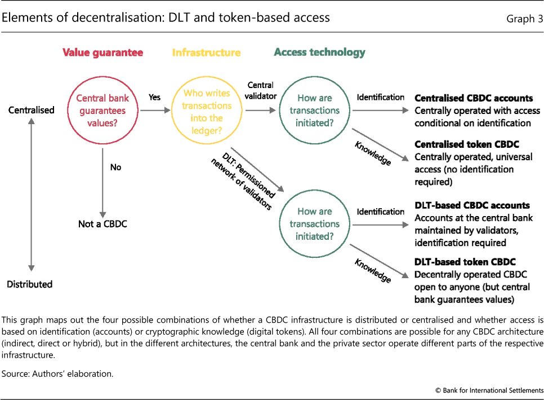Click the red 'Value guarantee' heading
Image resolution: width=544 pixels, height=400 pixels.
(x=102, y=52)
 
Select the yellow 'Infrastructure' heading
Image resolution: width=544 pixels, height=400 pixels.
(x=207, y=52)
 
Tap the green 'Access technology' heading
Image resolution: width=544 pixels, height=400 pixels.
(x=319, y=52)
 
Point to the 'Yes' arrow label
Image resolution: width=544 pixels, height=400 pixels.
(x=154, y=97)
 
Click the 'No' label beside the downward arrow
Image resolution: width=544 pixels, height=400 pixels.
(x=115, y=167)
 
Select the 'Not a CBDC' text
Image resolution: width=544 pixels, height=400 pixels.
(x=102, y=224)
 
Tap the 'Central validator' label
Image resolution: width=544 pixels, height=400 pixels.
(x=261, y=90)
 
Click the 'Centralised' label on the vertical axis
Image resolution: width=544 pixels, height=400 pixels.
(x=31, y=110)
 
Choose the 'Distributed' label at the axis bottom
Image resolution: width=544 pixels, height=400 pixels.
(x=29, y=284)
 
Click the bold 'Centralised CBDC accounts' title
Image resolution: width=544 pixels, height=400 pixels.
(x=474, y=98)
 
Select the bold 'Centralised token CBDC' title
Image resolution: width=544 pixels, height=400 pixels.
(x=467, y=144)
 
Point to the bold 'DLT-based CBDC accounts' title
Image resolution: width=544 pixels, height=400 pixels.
(x=472, y=205)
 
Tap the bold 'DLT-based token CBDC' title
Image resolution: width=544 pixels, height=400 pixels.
(x=465, y=262)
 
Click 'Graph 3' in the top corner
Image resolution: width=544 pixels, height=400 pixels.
(x=525, y=19)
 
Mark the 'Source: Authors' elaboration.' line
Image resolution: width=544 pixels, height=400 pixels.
(x=57, y=373)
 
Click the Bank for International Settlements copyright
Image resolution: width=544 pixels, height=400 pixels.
(x=489, y=390)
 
